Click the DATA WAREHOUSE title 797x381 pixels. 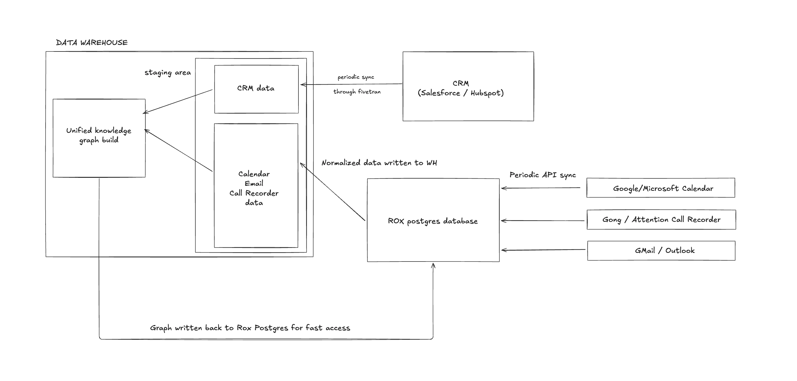(91, 42)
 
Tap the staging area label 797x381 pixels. (167, 73)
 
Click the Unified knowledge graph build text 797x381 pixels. (99, 135)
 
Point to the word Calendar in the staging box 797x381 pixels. (254, 174)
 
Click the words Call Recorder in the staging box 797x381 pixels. (254, 193)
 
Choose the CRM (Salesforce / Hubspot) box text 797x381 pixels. (460, 88)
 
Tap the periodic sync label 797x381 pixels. (356, 77)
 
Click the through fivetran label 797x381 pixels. (357, 91)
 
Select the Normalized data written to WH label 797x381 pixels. (379, 163)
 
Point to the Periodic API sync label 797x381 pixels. (542, 175)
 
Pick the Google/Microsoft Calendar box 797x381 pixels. (661, 188)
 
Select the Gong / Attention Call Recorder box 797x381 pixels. (661, 219)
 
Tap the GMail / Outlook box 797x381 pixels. (661, 251)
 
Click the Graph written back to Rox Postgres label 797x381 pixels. (250, 328)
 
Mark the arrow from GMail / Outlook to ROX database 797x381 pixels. (543, 250)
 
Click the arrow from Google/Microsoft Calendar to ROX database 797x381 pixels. (541, 188)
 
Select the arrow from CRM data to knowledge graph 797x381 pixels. (178, 101)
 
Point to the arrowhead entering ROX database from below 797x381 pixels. (433, 265)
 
